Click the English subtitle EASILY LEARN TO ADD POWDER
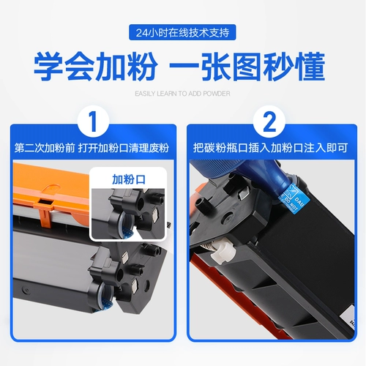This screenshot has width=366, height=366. coord(182,94)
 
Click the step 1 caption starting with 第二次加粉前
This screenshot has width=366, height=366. coord(91,146)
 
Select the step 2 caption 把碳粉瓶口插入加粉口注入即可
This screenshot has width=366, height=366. coord(274,146)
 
